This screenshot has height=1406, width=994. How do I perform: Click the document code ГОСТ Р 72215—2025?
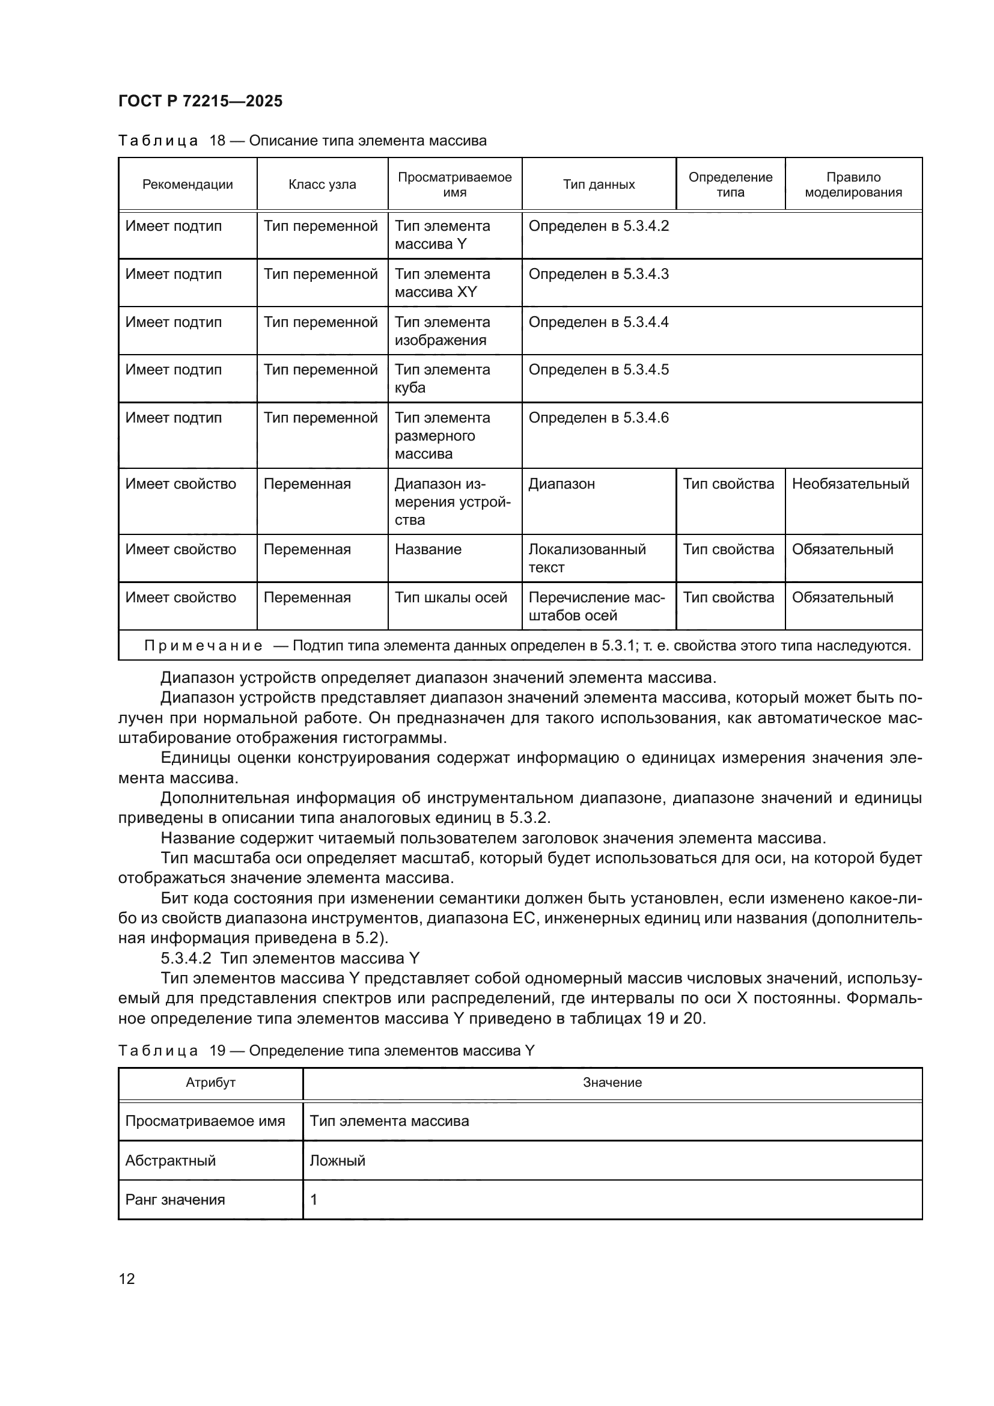(200, 101)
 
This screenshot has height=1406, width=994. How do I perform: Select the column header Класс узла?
(322, 185)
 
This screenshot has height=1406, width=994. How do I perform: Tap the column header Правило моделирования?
(853, 185)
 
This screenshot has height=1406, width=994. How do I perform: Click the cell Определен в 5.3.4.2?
(598, 226)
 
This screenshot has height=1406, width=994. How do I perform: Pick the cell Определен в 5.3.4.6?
(598, 418)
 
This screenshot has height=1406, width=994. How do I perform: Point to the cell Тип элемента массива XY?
(442, 283)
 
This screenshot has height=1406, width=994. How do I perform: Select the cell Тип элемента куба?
(442, 379)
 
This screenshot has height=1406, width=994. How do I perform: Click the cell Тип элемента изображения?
(442, 331)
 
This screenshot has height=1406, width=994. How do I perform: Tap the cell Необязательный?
(850, 484)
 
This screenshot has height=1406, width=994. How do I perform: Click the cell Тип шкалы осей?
(451, 597)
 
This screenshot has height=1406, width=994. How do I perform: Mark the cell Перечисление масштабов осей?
(596, 607)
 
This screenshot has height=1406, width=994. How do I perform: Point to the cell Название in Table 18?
(428, 549)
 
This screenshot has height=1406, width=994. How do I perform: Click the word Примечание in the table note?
(203, 646)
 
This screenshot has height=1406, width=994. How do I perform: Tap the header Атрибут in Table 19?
(210, 1082)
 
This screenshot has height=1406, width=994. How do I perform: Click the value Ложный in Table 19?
(337, 1160)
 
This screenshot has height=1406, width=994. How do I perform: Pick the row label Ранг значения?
(175, 1200)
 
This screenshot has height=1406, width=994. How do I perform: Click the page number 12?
(127, 1278)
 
